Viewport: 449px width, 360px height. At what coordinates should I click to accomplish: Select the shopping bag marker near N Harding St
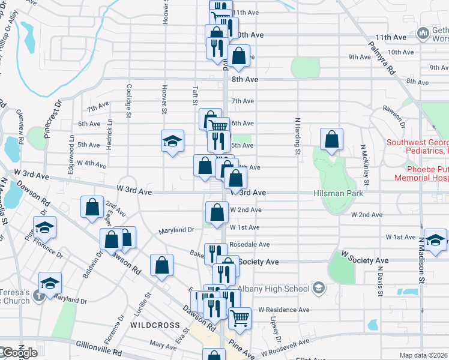tap(331, 140)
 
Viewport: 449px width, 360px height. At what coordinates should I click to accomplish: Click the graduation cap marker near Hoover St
tap(172, 142)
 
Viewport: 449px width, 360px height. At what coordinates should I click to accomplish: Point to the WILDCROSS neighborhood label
tap(155, 325)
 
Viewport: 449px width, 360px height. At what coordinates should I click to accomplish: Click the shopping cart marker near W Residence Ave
tap(239, 317)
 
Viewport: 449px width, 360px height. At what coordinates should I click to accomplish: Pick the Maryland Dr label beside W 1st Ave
tap(176, 230)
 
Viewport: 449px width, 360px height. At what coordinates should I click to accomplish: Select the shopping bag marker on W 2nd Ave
tap(217, 212)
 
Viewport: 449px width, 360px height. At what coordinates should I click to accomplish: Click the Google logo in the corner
tap(19, 353)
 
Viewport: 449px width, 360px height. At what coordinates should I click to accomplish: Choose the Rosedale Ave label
tap(254, 245)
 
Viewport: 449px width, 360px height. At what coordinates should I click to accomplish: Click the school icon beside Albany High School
tap(318, 289)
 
